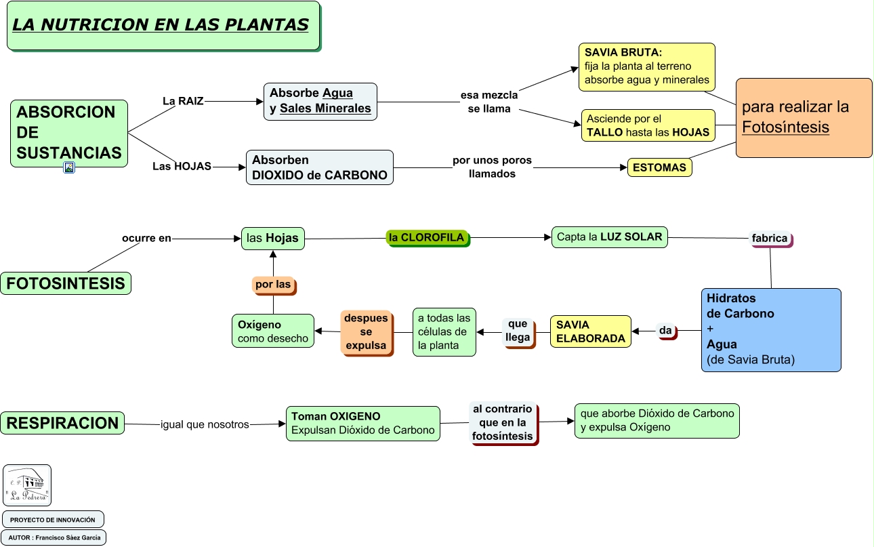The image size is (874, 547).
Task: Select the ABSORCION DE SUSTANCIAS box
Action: [68, 133]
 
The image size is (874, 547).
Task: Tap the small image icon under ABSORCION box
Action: [69, 167]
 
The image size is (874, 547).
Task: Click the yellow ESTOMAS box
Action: [659, 167]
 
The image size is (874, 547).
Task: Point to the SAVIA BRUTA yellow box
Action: [647, 66]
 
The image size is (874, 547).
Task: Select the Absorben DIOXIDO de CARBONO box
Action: [319, 167]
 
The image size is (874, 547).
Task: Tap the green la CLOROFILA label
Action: [427, 237]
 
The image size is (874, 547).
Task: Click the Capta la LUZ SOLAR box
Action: [609, 237]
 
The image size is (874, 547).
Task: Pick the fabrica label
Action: [770, 239]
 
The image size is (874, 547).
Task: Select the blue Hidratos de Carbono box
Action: [770, 329]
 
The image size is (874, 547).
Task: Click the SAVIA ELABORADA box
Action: [590, 331]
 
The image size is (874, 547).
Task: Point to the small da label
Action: [665, 331]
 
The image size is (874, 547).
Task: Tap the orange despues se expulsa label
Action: [366, 331]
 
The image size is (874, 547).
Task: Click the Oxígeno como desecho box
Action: [272, 331]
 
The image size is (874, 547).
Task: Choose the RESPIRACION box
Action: [62, 423]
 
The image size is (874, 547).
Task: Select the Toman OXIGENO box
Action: [362, 423]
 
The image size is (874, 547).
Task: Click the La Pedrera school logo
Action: [27, 485]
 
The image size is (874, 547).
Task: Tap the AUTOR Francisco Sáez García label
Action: [54, 538]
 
